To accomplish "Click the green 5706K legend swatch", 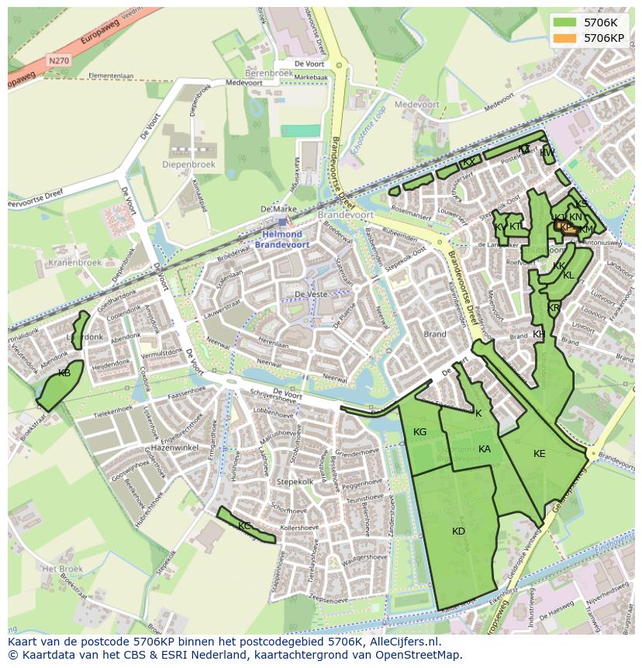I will tap(565, 22).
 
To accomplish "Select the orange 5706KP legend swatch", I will tap(565, 37).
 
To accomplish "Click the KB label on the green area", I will tap(64, 373).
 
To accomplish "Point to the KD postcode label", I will tap(458, 531).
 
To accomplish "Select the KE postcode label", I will tap(540, 454).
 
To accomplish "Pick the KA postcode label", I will tap(485, 449).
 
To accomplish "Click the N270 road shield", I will tap(57, 60).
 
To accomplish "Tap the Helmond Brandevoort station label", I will tap(282, 239).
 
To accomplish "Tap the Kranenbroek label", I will tap(75, 262).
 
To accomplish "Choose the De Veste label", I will tap(309, 294).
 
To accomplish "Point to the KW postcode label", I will tap(547, 153).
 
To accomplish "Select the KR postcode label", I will tap(554, 308).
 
